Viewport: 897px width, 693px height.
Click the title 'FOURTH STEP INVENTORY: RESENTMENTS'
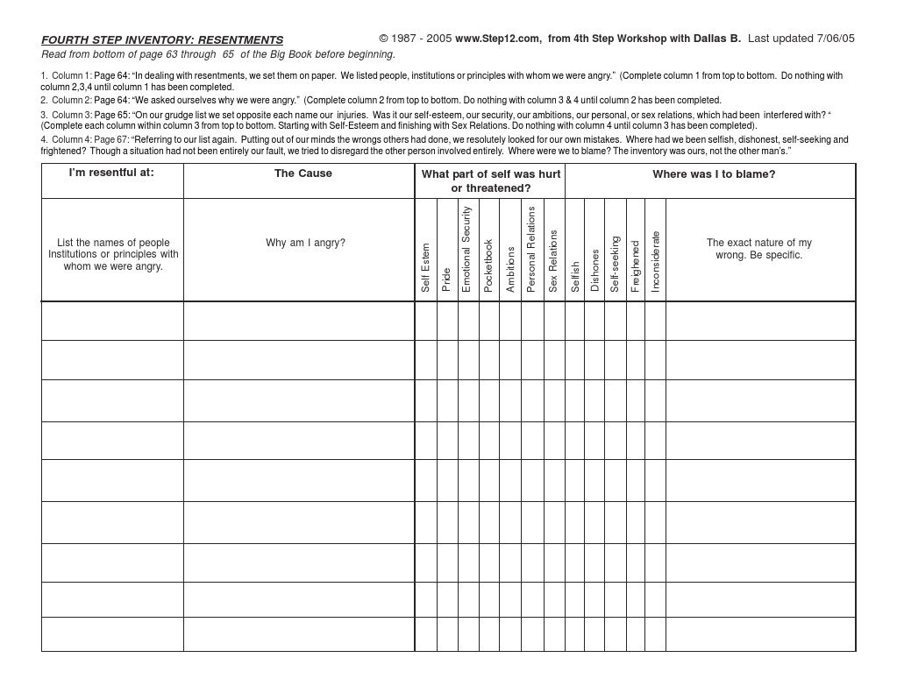[162, 40]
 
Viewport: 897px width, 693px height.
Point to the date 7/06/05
[835, 39]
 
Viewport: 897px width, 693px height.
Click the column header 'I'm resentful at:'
[111, 173]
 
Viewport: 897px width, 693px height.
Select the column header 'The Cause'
[303, 173]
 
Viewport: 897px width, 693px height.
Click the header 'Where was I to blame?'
[714, 174]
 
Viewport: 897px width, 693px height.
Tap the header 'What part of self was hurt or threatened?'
[490, 181]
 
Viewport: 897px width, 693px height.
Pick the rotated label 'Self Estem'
[426, 267]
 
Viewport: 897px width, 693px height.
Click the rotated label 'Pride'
[446, 279]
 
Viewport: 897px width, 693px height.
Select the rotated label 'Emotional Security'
[467, 249]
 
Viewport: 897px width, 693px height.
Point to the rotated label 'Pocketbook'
[489, 265]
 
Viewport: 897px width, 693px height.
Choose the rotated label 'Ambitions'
[510, 269]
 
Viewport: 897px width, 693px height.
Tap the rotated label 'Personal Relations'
[531, 249]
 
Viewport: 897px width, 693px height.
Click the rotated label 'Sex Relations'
[553, 261]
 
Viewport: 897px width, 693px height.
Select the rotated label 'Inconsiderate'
[656, 261]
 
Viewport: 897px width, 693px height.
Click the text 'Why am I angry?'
[305, 244]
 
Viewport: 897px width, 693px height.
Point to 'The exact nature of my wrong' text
[759, 249]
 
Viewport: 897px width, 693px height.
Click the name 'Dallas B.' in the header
[717, 39]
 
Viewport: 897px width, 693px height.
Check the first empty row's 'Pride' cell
[447, 322]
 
